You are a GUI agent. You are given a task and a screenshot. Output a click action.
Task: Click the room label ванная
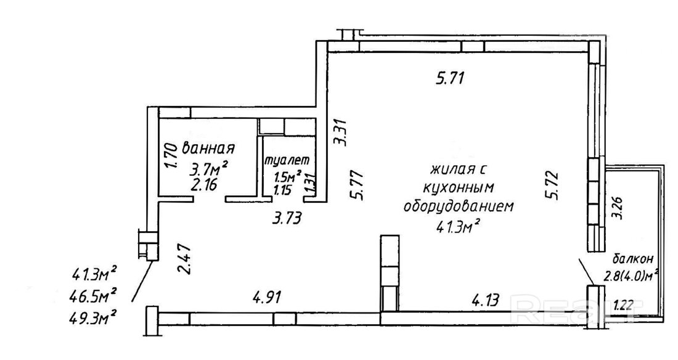[208, 148]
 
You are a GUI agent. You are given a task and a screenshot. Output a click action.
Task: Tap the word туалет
[287, 160]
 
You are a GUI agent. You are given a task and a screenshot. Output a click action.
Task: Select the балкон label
[632, 259]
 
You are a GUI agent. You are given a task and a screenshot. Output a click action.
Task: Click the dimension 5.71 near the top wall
[450, 78]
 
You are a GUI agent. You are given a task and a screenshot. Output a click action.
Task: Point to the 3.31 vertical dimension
[341, 133]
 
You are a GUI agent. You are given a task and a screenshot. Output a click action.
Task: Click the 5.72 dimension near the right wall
[552, 185]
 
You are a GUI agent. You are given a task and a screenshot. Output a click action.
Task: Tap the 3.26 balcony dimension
[619, 208]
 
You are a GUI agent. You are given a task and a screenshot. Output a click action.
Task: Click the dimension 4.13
[484, 299]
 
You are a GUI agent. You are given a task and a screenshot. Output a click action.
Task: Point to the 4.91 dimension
[266, 297]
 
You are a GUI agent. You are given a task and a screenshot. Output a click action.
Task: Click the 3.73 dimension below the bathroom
[286, 218]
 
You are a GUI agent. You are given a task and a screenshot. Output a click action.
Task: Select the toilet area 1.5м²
[287, 176]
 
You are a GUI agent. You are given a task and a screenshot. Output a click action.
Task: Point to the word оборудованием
[459, 206]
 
